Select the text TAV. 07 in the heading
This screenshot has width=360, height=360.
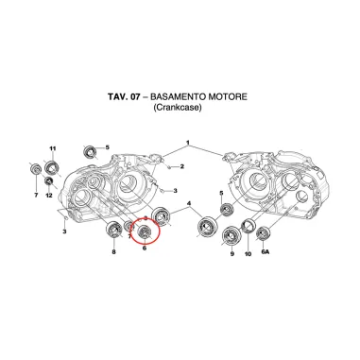124,96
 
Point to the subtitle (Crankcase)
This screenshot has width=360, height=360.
180,109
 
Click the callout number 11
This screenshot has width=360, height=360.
53,149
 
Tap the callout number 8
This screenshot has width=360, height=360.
113,254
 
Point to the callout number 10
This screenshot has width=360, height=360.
248,254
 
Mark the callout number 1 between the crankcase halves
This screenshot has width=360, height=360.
188,144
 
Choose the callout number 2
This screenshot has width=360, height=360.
181,166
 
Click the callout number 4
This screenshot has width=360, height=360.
189,204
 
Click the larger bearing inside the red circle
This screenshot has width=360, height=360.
146,231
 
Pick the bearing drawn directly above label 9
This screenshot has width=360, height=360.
230,235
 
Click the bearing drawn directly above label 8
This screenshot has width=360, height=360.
112,231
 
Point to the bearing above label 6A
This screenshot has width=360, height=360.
266,232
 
